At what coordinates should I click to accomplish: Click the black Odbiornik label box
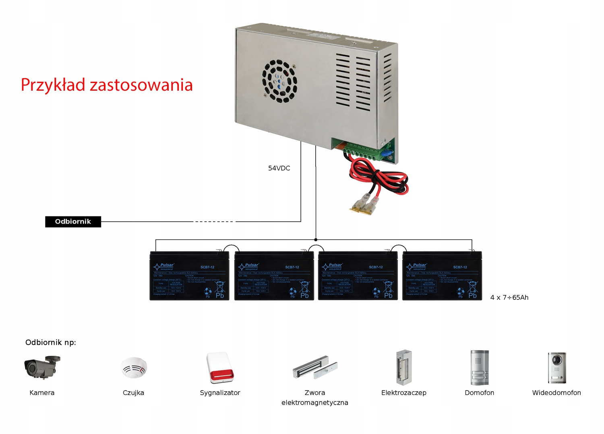[73, 222]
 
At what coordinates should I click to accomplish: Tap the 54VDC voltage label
[279, 168]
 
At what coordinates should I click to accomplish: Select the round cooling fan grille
[279, 81]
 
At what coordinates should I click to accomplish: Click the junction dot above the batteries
[316, 240]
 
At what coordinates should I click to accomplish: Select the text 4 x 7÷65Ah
[509, 297]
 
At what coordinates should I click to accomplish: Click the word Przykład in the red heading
[53, 85]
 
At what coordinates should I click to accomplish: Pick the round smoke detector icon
[134, 368]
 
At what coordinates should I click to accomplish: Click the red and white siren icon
[220, 368]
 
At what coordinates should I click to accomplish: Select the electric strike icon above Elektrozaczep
[403, 368]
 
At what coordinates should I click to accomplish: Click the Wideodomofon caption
[556, 392]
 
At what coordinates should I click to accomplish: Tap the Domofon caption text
[479, 392]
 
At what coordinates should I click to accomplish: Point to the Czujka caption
[133, 392]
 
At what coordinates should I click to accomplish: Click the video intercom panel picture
[556, 368]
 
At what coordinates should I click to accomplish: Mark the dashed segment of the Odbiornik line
[213, 222]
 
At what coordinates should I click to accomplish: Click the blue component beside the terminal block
[387, 154]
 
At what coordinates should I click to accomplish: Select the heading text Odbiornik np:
[51, 343]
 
